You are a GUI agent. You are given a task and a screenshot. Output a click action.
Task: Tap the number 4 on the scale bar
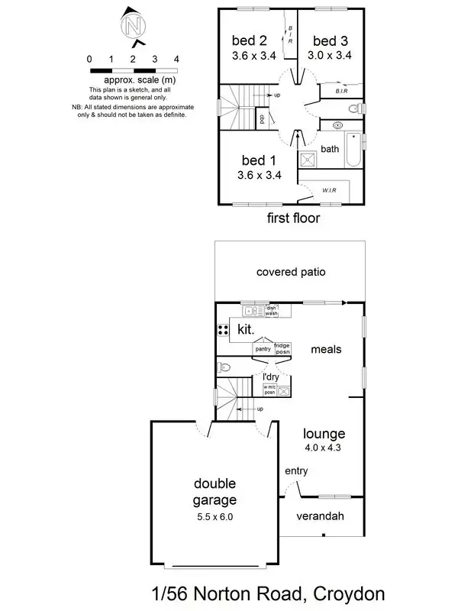coord(176,59)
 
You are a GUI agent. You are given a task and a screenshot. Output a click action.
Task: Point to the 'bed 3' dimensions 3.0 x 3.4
coord(331,55)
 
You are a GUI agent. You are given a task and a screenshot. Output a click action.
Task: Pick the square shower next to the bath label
coord(308,159)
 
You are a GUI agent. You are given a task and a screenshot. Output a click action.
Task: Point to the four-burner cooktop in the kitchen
coord(224,330)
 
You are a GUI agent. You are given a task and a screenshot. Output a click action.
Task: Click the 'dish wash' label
coord(271,311)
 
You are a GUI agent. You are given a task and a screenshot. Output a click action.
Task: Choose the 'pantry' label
coord(263,349)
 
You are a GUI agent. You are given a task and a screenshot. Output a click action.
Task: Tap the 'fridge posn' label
coord(282,349)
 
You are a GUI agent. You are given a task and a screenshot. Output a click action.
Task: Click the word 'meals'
coord(326,349)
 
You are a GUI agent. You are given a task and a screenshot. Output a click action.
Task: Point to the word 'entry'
coord(295,471)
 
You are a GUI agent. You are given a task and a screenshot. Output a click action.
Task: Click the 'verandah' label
coord(321,516)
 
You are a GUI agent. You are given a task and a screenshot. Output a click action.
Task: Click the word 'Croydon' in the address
coord(341,593)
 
